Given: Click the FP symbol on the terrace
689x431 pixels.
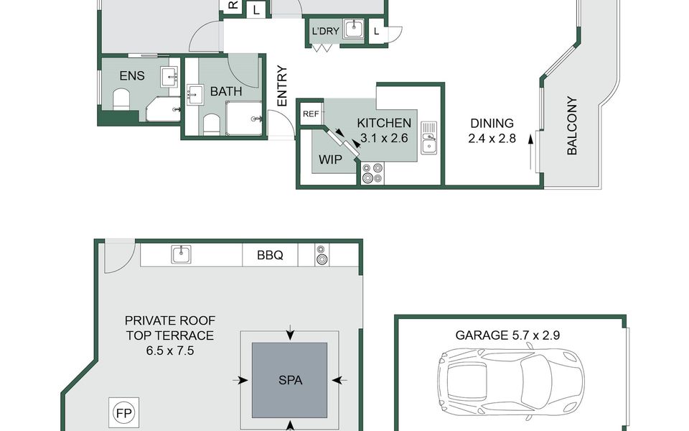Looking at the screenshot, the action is [x=124, y=414].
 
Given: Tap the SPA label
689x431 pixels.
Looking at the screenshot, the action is [x=290, y=380].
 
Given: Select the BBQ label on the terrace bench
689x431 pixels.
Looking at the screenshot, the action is [x=270, y=255].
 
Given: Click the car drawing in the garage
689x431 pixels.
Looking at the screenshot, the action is [x=510, y=381].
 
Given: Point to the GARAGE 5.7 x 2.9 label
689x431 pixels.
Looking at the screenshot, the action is [x=507, y=335].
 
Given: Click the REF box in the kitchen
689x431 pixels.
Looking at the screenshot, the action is [x=311, y=114].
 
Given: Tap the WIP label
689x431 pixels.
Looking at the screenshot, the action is [x=330, y=159].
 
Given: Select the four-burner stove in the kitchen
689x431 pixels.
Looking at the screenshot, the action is [x=372, y=172].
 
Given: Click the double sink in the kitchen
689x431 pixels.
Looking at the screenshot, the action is [x=428, y=138].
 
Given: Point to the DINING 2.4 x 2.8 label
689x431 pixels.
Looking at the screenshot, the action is [x=492, y=131].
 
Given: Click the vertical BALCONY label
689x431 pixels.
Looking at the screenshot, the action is [x=572, y=126].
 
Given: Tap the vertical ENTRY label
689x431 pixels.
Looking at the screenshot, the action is [x=281, y=85].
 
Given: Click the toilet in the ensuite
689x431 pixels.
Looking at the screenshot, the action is [x=122, y=99].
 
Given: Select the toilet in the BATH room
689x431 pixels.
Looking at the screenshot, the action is [x=211, y=124].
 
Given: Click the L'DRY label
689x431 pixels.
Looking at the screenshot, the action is [x=325, y=31].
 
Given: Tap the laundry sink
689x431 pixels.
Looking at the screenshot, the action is [x=354, y=29].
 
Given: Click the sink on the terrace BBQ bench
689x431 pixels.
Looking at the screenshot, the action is [x=181, y=254].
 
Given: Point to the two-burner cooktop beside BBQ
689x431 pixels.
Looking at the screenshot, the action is [x=322, y=255].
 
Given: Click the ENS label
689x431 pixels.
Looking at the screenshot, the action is [x=132, y=75].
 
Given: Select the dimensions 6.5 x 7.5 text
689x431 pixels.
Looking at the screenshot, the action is [x=170, y=351].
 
